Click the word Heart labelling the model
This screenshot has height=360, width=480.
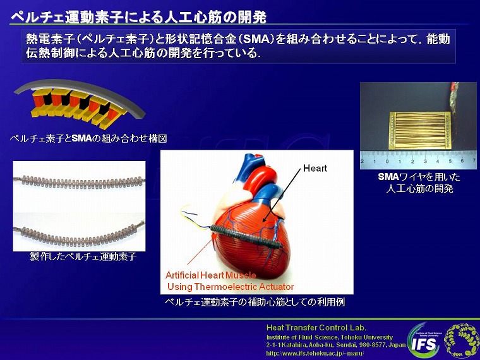pos(315,168)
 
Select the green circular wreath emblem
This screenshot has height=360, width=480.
pos(461,340)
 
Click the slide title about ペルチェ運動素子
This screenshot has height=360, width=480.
pos(138,17)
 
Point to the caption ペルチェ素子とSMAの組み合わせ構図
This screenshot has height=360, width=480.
pos(89,139)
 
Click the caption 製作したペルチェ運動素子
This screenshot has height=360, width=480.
pos(83,256)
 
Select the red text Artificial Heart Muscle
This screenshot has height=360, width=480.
pos(210,275)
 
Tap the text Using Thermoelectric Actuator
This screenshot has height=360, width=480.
pos(231,287)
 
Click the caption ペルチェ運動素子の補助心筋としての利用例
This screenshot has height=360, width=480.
pos(255,302)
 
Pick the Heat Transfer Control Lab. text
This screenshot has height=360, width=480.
pos(316,328)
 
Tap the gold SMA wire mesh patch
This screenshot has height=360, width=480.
pos(420,130)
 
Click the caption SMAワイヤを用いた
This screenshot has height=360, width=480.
pos(419,177)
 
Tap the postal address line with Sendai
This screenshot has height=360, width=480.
pos(336,345)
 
